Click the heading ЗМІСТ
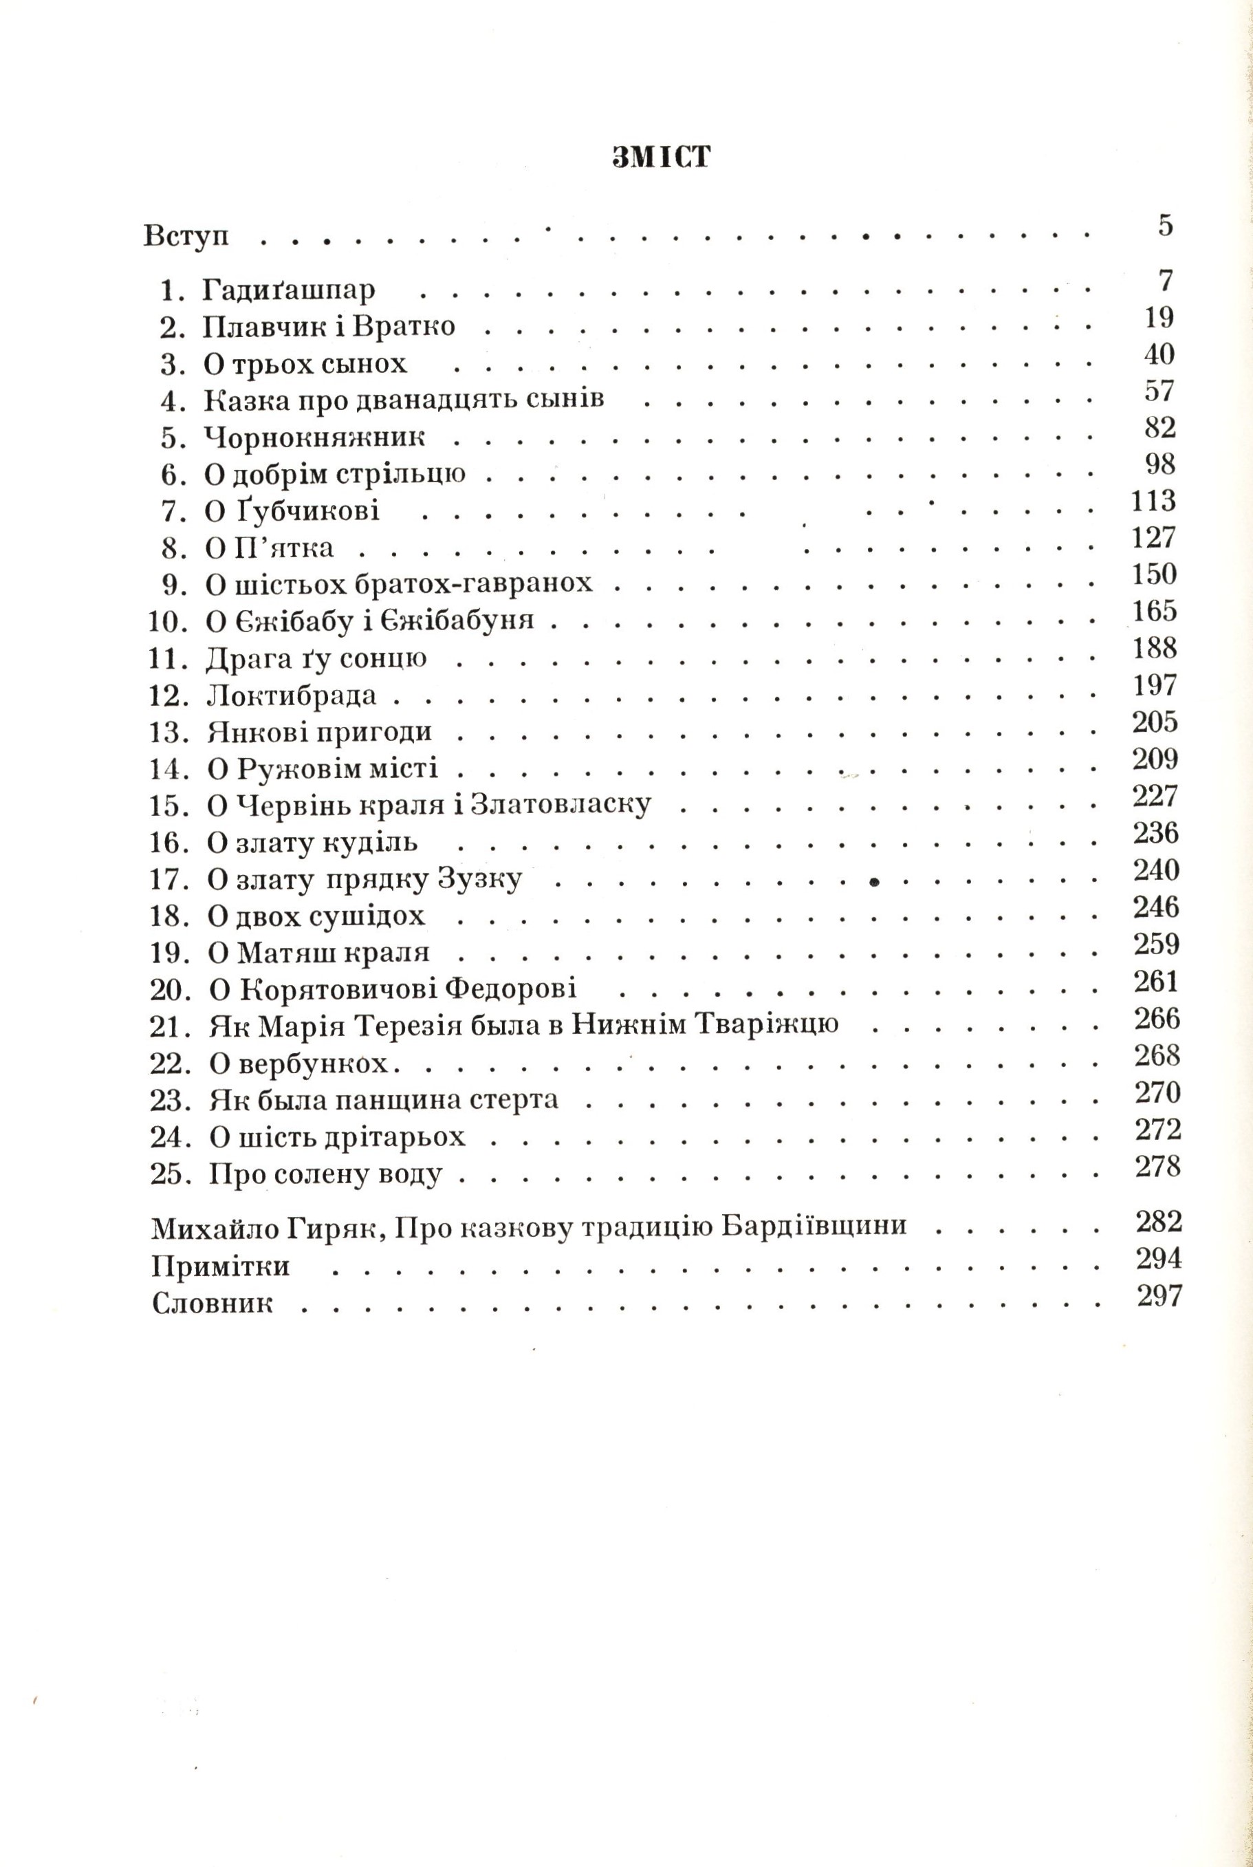click(661, 158)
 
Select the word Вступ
click(186, 237)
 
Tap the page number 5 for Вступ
click(1165, 226)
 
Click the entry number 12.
click(168, 696)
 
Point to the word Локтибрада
click(291, 696)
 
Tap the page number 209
click(1155, 759)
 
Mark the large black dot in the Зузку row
click(874, 883)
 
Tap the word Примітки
click(221, 1268)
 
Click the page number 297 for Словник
click(1159, 1296)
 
